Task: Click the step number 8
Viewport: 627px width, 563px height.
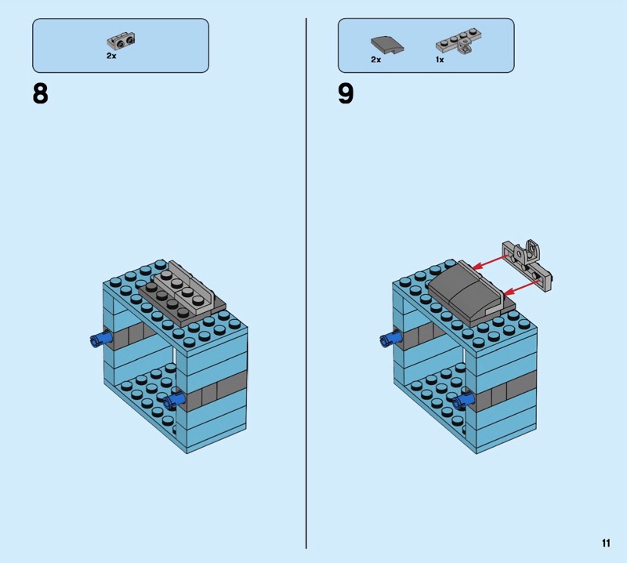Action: [x=40, y=94]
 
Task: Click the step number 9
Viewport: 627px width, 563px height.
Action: [x=346, y=94]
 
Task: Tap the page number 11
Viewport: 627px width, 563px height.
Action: [x=606, y=543]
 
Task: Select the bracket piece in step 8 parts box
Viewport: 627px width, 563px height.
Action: [x=121, y=41]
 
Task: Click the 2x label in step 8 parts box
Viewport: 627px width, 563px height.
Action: [x=111, y=56]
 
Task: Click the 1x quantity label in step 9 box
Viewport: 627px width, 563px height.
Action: [x=440, y=60]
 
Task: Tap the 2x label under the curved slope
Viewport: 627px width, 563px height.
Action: [x=375, y=60]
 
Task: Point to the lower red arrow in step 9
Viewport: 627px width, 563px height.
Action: [x=521, y=288]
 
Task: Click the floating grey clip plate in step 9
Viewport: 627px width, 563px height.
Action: [x=527, y=264]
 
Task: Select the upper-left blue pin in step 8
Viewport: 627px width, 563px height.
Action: [x=101, y=340]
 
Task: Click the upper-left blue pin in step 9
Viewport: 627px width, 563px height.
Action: [x=390, y=340]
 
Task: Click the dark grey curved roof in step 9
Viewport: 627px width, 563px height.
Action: [x=466, y=293]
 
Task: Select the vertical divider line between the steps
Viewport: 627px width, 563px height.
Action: [x=306, y=283]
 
